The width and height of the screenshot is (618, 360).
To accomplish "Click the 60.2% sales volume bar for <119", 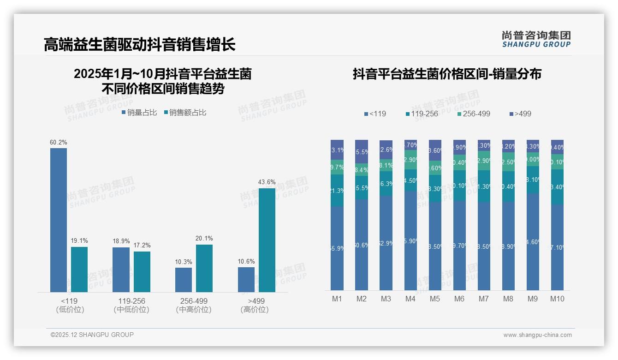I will click(59, 220).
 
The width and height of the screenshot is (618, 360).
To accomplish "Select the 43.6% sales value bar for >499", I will click(267, 240).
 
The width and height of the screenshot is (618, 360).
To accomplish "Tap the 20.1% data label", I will click(204, 239).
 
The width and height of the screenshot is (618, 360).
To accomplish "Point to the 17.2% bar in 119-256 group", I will click(142, 271).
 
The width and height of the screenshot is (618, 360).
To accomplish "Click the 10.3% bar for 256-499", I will click(184, 280).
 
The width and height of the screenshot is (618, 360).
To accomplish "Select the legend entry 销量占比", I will click(139, 113).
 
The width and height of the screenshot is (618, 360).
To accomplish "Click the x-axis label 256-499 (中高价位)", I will click(194, 305).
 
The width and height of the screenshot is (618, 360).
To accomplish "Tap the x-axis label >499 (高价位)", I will click(254, 305).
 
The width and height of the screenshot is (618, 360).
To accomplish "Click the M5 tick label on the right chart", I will click(435, 299).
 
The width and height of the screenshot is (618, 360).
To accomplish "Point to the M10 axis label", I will click(557, 299).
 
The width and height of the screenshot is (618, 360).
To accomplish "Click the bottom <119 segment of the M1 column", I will click(337, 248).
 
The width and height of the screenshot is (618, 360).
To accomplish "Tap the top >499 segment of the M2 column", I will click(362, 151).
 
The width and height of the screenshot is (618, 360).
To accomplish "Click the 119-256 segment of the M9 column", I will click(533, 180).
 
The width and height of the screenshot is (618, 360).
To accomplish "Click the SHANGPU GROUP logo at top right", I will click(536, 39).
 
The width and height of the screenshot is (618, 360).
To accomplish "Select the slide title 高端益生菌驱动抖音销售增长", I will click(140, 45).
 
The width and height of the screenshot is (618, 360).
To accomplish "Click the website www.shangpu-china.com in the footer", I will click(537, 335).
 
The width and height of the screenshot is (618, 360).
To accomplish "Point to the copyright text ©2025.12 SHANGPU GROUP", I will click(92, 335).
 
